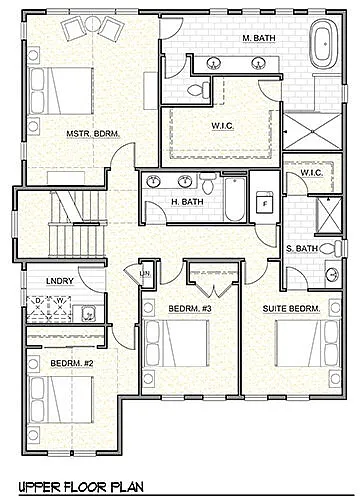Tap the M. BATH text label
tap(259, 38)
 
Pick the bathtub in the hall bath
tap(233, 199)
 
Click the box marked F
tap(265, 203)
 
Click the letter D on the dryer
tap(37, 301)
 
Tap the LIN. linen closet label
tap(144, 273)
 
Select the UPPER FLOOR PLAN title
tap(81, 487)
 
